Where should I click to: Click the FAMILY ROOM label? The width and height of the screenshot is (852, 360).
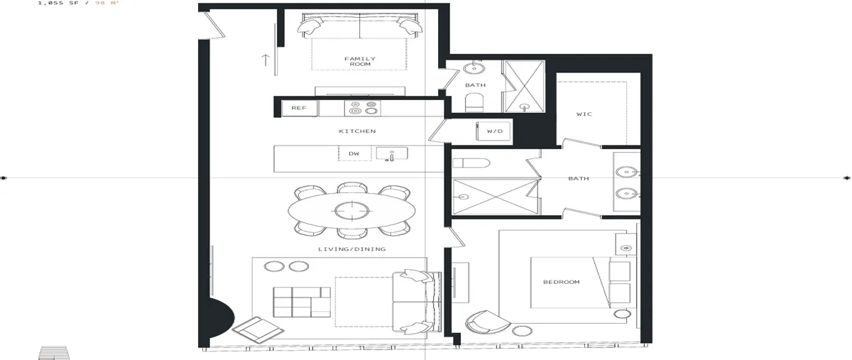click(x=360, y=61)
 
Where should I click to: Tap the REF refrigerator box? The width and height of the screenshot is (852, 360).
click(x=300, y=108)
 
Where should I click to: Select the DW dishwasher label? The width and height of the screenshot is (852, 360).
click(x=354, y=154)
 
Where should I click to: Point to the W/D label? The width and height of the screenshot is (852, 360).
click(x=494, y=131)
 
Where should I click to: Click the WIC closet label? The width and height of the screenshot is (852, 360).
click(x=584, y=114)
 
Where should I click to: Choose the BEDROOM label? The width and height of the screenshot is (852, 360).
click(x=562, y=282)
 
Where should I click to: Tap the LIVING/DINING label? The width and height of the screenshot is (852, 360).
click(x=352, y=249)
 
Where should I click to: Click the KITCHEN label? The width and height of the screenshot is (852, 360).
click(x=357, y=131)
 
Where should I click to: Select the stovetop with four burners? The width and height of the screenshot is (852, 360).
click(x=363, y=108)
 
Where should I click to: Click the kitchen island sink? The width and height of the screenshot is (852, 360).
click(x=392, y=153)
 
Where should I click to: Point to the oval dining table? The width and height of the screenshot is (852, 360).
click(x=351, y=210)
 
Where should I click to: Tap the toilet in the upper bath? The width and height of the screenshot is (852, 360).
click(x=474, y=103)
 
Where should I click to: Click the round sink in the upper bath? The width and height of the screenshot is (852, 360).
click(x=474, y=69)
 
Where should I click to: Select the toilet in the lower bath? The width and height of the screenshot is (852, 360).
click(x=471, y=163)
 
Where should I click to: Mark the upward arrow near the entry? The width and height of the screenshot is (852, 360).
click(x=265, y=60)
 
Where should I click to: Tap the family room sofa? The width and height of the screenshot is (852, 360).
click(x=360, y=25)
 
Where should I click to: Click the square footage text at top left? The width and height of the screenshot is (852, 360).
click(x=79, y=3)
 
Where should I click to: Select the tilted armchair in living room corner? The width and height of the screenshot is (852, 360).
click(x=258, y=329)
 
